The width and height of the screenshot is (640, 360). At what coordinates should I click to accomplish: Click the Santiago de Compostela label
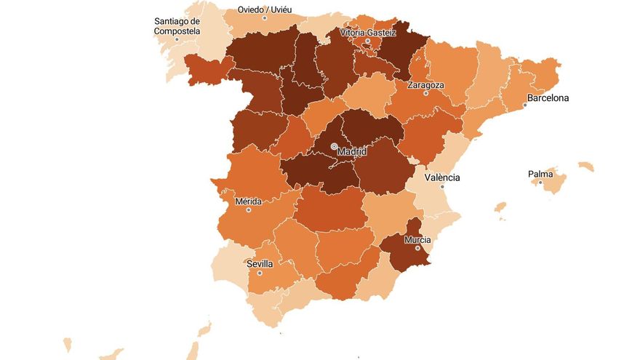tap(177, 26)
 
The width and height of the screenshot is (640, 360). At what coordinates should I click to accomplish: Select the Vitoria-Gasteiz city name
tap(368, 32)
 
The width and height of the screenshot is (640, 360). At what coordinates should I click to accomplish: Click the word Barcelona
tap(548, 97)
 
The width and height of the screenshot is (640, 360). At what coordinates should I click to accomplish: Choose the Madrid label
tap(353, 151)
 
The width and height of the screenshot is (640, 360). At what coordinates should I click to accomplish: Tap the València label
tap(442, 177)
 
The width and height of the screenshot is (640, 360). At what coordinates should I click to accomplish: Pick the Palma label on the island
tap(540, 174)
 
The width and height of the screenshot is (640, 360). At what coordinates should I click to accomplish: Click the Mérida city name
tap(249, 201)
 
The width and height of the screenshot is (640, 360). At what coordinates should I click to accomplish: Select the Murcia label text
tap(418, 239)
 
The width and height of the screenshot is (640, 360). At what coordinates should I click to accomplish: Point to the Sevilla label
tap(260, 263)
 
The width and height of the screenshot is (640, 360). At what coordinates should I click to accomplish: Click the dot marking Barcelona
tap(525, 105)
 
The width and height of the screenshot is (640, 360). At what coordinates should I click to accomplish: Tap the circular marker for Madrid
tap(334, 146)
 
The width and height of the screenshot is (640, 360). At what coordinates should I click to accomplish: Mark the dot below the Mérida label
tap(249, 210)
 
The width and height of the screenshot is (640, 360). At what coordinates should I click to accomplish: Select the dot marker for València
tap(442, 186)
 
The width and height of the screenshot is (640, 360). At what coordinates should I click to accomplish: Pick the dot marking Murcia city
tap(418, 248)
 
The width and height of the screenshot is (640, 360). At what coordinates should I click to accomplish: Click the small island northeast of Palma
tap(585, 167)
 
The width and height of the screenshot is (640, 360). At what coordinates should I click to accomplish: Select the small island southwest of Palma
tap(500, 208)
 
